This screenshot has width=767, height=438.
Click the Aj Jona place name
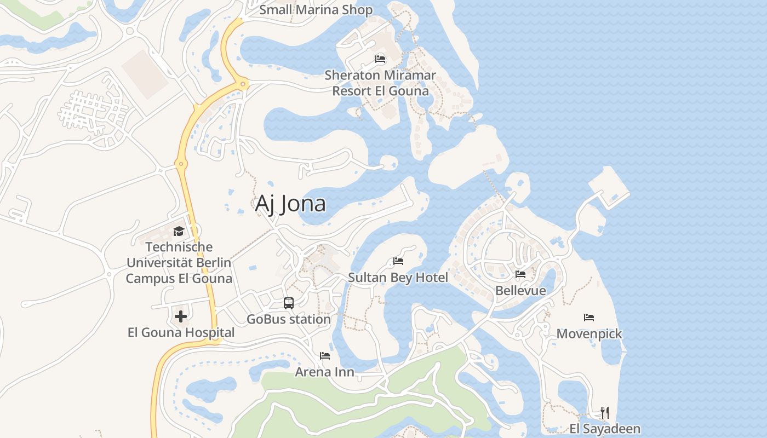pos(290,204)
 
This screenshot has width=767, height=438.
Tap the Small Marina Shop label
pos(316,10)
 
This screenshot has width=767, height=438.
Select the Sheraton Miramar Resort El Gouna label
pos(380,83)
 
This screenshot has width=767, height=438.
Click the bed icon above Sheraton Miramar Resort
pos(380,59)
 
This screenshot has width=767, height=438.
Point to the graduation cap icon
pos(179,231)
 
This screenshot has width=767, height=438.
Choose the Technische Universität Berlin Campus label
pos(179,263)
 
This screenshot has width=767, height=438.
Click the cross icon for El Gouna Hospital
pos(180,316)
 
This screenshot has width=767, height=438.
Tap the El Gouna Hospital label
pos(181,332)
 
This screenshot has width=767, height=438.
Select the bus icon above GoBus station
pos(289,303)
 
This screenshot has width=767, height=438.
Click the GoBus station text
pos(289,319)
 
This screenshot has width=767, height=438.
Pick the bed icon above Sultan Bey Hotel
pos(398,261)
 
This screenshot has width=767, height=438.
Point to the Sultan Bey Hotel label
pos(398,278)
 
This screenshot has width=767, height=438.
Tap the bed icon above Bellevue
pos(520,274)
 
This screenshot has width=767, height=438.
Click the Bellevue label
pos(520,290)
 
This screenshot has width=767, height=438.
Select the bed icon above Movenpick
pos(589,317)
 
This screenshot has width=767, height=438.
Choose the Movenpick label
pos(589,333)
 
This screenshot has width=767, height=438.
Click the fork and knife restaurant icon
pos(605,412)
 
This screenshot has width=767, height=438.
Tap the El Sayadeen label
pos(605,429)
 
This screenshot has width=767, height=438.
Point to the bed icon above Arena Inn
pos(325,356)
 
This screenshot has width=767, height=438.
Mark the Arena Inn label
pos(325,372)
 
